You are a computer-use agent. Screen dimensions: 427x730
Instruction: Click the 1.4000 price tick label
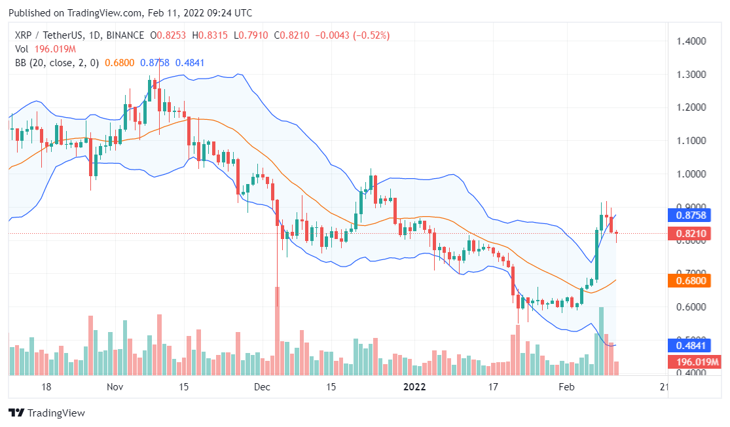pos(693,41)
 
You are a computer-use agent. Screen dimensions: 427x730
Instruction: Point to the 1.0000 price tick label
pos(693,174)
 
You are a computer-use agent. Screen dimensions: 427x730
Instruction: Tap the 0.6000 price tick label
pos(693,306)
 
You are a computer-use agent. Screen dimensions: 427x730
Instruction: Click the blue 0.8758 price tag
pos(693,214)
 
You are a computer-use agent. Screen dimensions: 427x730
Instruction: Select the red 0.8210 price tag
pos(693,233)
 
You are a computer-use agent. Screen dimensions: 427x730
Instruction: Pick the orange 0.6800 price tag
pos(693,280)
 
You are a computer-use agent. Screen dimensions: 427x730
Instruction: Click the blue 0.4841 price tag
pos(693,345)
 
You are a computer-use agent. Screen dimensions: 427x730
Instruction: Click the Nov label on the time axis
pos(115,387)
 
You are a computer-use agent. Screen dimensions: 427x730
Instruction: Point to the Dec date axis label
pos(263,387)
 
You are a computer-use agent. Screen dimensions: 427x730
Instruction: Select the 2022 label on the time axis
pos(414,387)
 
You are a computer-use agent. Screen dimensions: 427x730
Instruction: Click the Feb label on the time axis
pos(566,387)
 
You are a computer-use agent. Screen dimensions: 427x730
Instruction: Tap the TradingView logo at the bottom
pos(46,413)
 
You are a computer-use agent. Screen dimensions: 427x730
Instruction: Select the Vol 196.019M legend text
pos(45,48)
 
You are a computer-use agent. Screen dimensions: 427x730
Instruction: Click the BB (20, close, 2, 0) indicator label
pos(57,63)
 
